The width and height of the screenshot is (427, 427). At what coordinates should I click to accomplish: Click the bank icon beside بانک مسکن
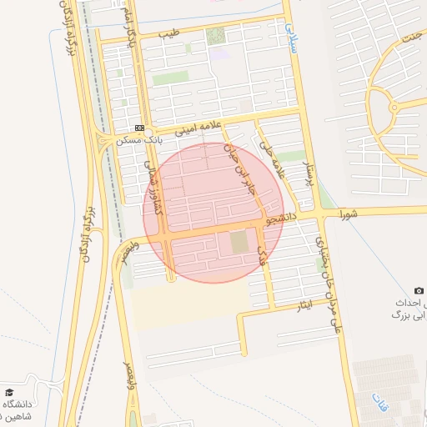coord(139,128)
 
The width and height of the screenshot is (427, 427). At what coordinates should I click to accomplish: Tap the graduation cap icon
coord(9,392)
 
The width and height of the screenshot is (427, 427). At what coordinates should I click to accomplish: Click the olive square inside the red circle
coord(239,242)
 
